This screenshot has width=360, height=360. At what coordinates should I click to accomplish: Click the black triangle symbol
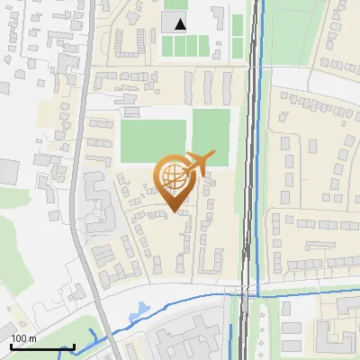click(x=181, y=24)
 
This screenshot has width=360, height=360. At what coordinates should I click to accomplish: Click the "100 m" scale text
click(x=23, y=337)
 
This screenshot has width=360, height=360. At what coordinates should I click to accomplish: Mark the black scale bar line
click(x=41, y=346)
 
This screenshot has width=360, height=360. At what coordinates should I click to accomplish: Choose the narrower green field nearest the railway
click(x=211, y=135)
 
